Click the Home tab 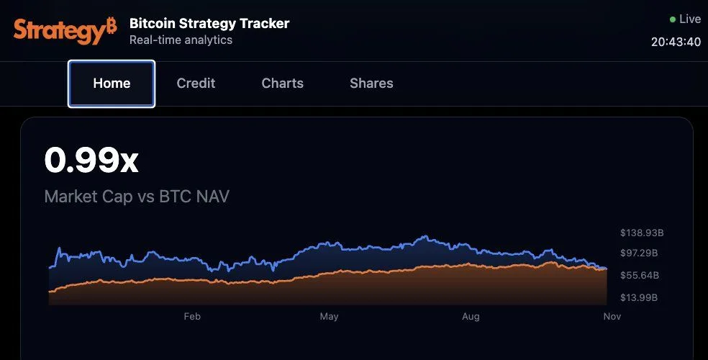click(x=112, y=84)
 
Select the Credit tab click(x=196, y=84)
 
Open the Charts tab click(x=282, y=84)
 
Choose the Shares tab click(x=371, y=84)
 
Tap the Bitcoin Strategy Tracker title click(x=209, y=24)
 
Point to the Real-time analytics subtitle click(x=181, y=40)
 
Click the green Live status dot click(x=673, y=19)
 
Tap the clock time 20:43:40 click(x=676, y=42)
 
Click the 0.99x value click(x=91, y=160)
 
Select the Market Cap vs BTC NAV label click(x=137, y=196)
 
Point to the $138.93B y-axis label click(x=642, y=233)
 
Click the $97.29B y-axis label click(x=639, y=253)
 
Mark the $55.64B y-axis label click(x=639, y=276)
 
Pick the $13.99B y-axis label click(x=639, y=297)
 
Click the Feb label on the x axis click(x=192, y=316)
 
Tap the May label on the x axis click(x=329, y=316)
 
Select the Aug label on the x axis click(x=471, y=316)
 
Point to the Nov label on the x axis click(x=612, y=316)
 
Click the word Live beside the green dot click(x=690, y=19)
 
